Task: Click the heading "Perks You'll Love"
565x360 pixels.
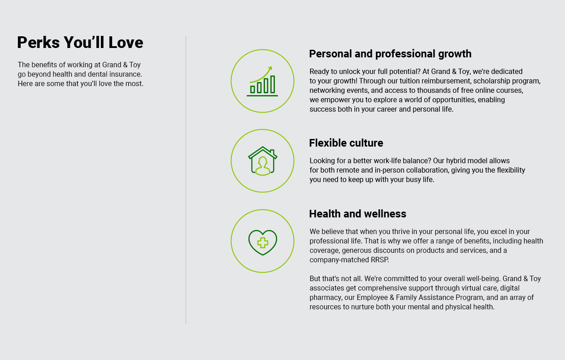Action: (x=80, y=42)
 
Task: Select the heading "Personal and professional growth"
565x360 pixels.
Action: (x=390, y=54)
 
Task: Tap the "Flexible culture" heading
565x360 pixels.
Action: (x=346, y=143)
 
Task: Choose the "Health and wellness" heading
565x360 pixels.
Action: (x=358, y=214)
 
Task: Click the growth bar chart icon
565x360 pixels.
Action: (x=262, y=82)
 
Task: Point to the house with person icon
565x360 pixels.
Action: (x=263, y=161)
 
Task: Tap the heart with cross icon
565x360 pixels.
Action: (x=263, y=243)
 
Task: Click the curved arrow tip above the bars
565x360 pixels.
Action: (x=271, y=68)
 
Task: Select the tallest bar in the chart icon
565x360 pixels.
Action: (x=273, y=84)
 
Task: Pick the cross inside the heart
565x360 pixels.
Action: (x=263, y=243)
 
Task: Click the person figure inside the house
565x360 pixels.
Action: (x=263, y=166)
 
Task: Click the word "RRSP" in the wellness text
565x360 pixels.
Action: (x=379, y=260)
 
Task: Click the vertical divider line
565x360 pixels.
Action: (x=186, y=180)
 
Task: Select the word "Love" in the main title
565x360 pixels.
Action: (x=126, y=42)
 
